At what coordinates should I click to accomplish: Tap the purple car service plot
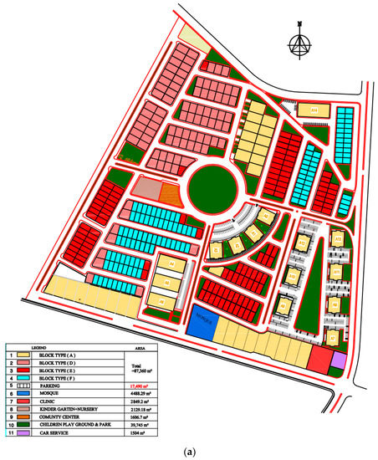click(x=339, y=359)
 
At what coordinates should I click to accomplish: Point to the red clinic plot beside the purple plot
click(x=319, y=360)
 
